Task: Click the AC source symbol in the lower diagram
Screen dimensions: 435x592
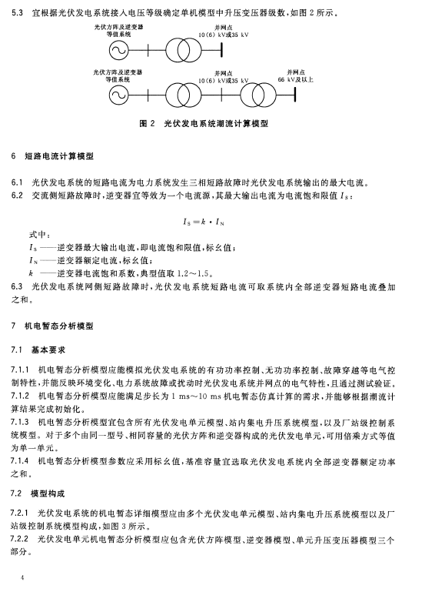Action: coord(118,95)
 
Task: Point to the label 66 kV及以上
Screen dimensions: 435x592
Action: coord(295,79)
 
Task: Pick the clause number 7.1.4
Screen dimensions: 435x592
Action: coord(22,460)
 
